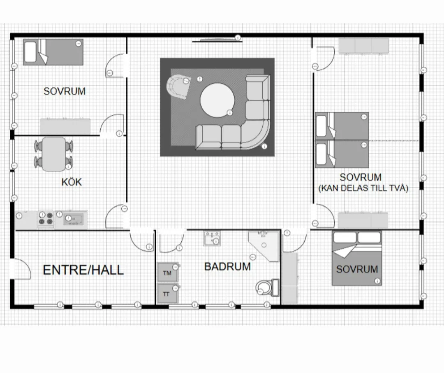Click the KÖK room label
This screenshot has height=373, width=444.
pos(72,182)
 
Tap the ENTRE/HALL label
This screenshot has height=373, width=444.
pos(83,270)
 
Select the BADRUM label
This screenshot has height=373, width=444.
pos(228,267)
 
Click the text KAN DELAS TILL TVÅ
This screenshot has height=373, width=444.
pos(363,188)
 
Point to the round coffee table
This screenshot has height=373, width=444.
pos(217,100)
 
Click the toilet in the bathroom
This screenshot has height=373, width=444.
pos(268,288)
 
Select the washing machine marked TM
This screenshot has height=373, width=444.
pos(168,273)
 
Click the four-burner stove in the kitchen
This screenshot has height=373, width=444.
pos(46,219)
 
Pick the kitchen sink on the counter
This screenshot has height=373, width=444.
pos(73,219)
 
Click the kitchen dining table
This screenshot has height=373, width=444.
pos(54,154)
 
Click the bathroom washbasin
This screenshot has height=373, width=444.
pos(212,238)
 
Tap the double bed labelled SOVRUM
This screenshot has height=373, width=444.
pos(357,258)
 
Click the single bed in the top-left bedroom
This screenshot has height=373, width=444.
pos(53,52)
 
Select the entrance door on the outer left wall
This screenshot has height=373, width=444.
pos(21,268)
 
